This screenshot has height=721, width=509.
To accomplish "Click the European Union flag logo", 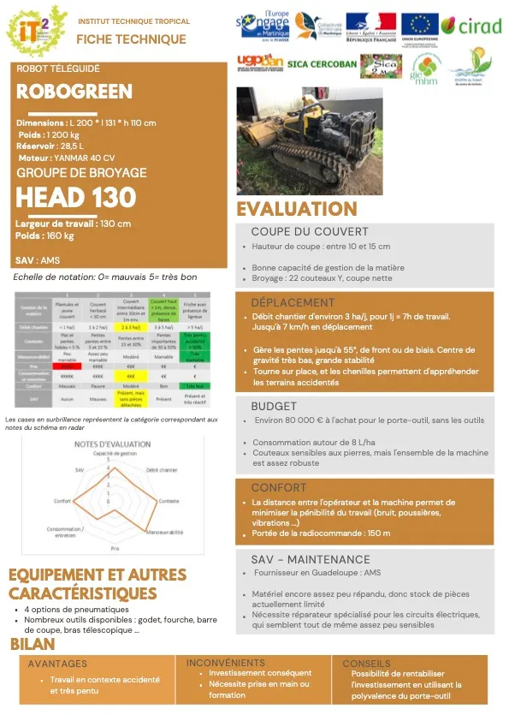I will point(419,27).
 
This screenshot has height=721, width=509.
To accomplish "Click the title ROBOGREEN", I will point(74,92).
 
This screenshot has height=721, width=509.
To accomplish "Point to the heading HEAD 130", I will point(76,198).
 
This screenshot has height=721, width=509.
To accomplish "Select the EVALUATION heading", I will point(297,209).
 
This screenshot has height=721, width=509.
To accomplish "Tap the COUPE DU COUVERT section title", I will point(310,231).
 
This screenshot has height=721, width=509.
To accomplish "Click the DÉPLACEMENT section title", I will point(293,302).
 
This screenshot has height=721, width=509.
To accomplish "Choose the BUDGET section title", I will point(274,406).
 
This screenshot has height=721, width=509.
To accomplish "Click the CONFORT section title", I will point(279,487).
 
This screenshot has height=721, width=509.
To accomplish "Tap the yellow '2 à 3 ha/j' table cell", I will point(132,326).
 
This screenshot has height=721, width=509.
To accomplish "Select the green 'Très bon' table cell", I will point(195,386).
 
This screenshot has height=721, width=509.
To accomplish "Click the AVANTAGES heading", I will point(57,664).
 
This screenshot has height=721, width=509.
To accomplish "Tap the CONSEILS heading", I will point(366,664).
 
